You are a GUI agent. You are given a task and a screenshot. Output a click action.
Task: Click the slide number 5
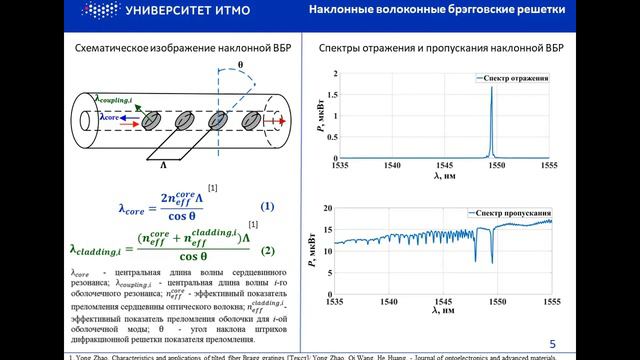tap(553, 342)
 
